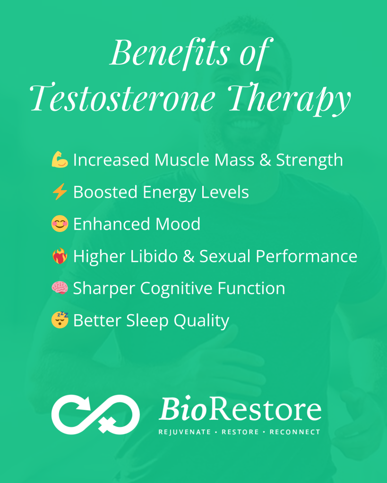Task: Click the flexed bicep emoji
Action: [x=60, y=159]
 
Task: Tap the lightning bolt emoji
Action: [x=60, y=192]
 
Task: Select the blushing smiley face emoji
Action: [x=60, y=224]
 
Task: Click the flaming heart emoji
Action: [x=60, y=256]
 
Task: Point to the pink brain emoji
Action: [x=60, y=288]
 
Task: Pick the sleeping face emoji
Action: [x=60, y=320]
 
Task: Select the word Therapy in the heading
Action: [x=289, y=99]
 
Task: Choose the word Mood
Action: [x=178, y=224]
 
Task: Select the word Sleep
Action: [x=147, y=321]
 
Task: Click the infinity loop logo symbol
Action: [x=95, y=414]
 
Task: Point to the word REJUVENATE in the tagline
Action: [x=185, y=432]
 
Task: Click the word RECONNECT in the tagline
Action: [x=295, y=432]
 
